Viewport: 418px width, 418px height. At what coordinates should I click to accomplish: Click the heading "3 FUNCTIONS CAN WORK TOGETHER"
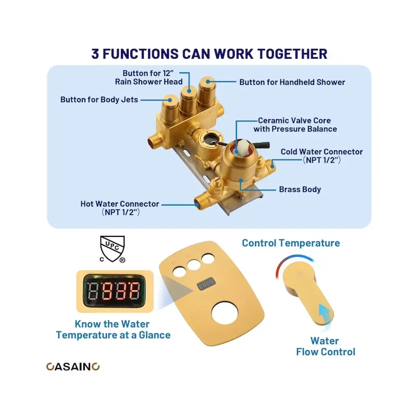coord(209,54)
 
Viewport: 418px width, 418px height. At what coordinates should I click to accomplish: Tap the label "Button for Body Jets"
coord(99,100)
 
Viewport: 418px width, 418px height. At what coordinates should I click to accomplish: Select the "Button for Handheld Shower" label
coord(292,82)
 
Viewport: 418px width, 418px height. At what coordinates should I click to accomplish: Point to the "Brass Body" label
coord(300,189)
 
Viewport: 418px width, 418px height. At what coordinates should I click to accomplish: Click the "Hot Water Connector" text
coord(120,204)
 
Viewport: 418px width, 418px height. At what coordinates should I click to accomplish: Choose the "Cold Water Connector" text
coord(322,152)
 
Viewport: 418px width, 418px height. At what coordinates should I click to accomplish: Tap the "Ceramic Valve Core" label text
coord(294,120)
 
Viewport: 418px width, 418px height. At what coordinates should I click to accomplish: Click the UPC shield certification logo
coord(112,249)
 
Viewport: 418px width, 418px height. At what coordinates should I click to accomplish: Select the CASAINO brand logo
coord(73,367)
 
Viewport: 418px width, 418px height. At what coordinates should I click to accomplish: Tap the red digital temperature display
coord(115,291)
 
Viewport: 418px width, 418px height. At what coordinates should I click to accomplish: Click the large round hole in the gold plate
coord(225,313)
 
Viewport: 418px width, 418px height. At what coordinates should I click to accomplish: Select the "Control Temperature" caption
coord(291,243)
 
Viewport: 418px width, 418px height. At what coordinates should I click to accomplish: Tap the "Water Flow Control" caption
coord(325,346)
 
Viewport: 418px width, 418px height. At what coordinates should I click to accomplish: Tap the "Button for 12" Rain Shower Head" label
coord(149,78)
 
